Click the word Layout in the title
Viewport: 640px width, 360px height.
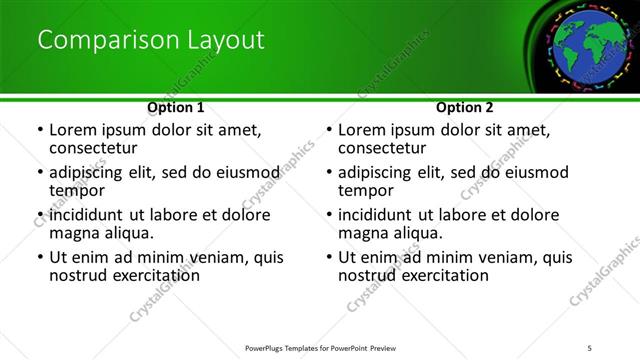[x=226, y=40]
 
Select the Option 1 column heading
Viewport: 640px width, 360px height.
[x=176, y=107]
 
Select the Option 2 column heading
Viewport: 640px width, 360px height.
[x=465, y=107]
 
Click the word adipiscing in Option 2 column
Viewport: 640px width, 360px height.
[x=376, y=171]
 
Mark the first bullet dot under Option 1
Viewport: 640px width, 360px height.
[x=40, y=130]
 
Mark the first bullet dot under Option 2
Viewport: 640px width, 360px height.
[x=329, y=130]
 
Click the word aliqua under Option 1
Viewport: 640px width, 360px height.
[x=129, y=233]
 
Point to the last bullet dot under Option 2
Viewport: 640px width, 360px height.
[x=329, y=257]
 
